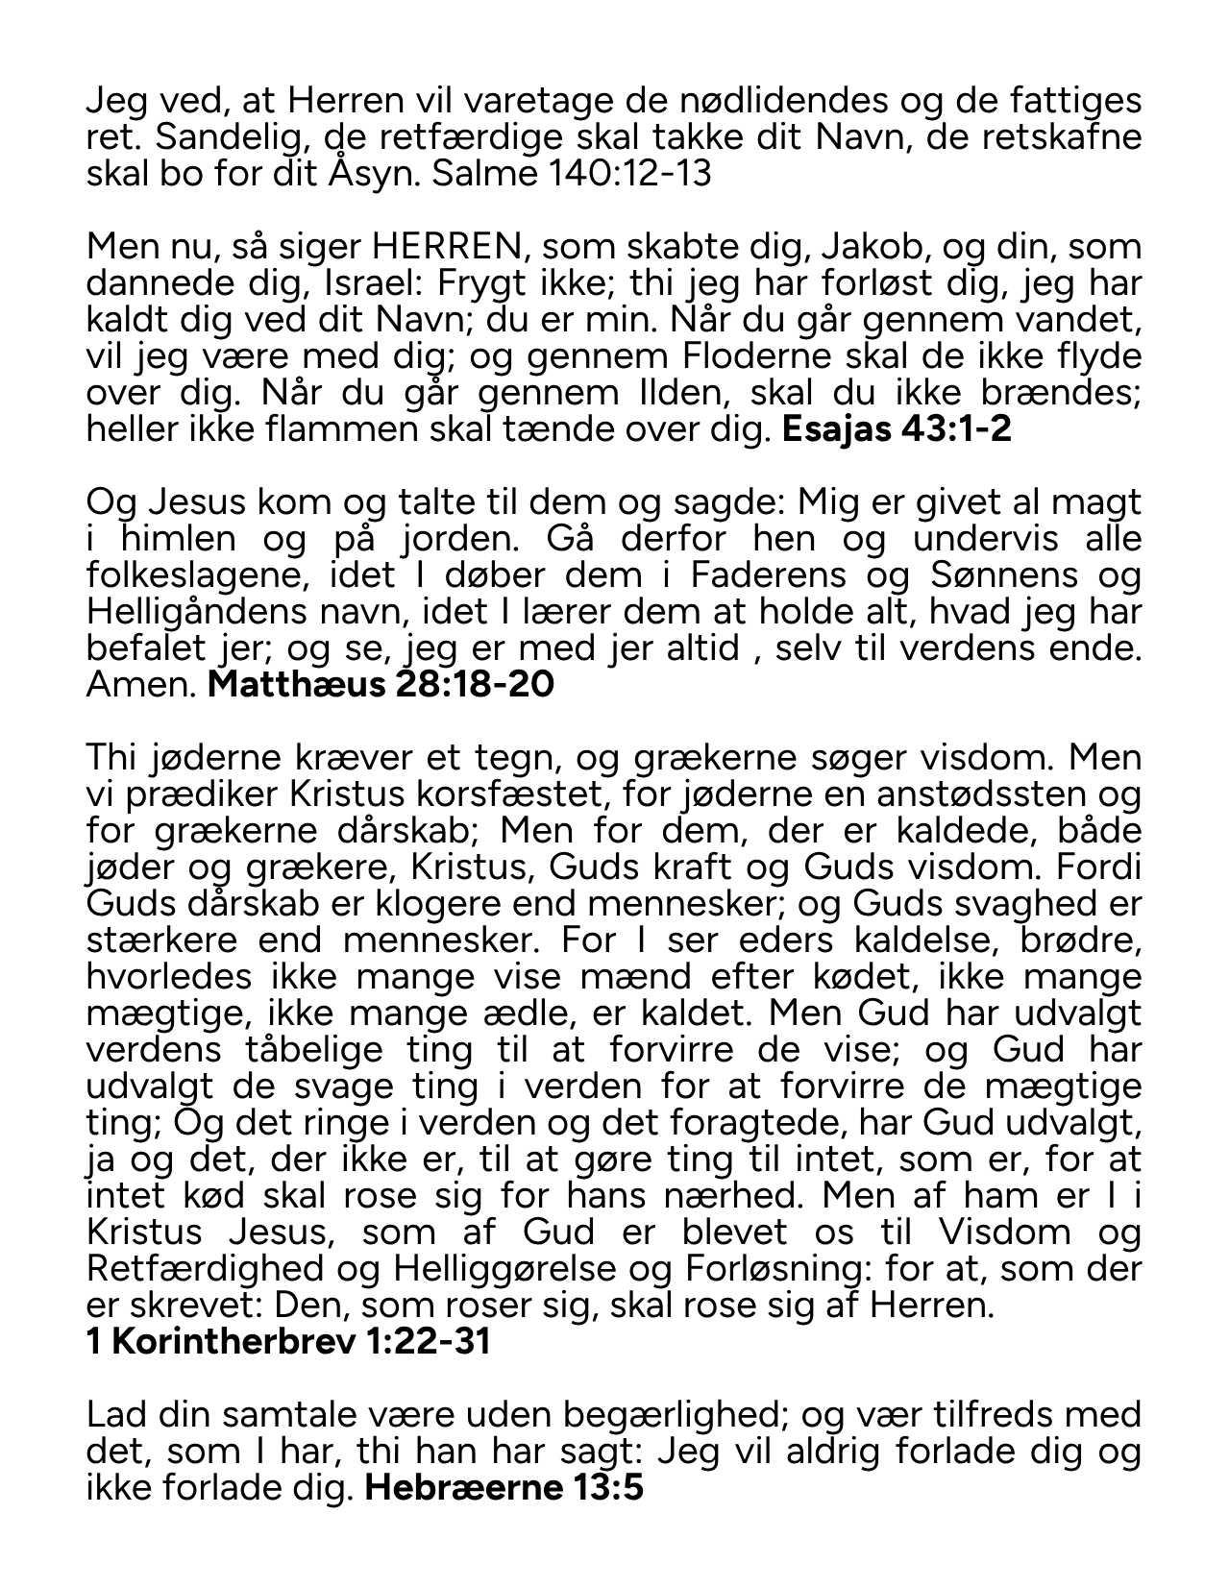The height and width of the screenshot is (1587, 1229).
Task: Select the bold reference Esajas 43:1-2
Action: click(897, 429)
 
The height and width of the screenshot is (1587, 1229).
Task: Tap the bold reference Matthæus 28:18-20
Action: click(381, 685)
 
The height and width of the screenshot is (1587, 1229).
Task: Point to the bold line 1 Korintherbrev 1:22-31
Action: click(288, 1342)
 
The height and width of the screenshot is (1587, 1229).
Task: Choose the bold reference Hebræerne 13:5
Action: click(504, 1488)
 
